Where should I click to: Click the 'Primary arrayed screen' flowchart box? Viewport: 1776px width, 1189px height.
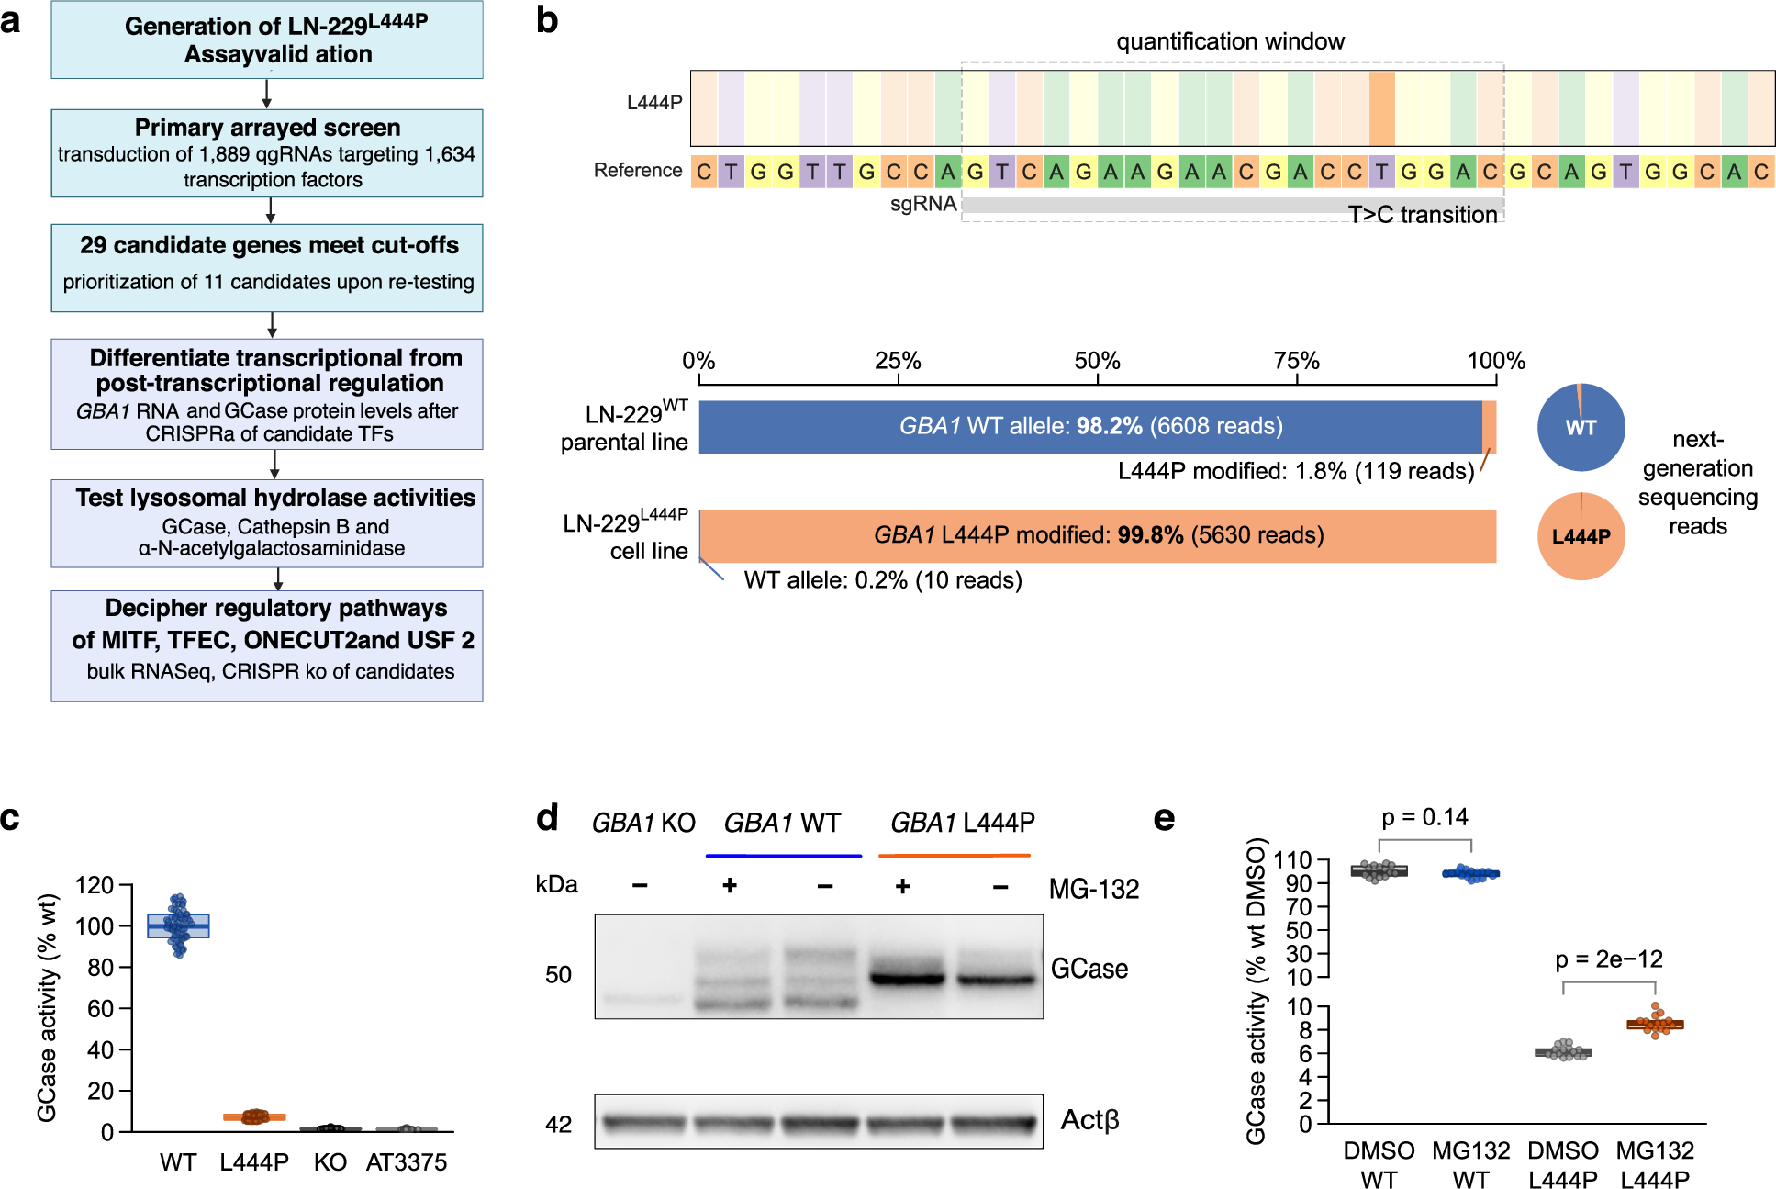pyautogui.click(x=266, y=152)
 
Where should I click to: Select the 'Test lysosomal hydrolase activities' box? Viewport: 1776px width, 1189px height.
pyautogui.click(x=266, y=522)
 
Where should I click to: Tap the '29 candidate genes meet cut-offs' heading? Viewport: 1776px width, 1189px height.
pyautogui.click(x=268, y=245)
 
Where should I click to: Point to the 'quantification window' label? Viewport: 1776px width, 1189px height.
pyautogui.click(x=1230, y=41)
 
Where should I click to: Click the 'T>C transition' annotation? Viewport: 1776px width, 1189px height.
pyautogui.click(x=1422, y=215)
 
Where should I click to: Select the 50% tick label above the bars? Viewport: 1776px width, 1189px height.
pyautogui.click(x=1097, y=360)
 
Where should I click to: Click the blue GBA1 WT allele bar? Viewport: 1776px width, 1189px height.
pyautogui.click(x=1090, y=426)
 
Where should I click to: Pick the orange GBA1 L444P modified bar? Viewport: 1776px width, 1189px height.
pyautogui.click(x=1098, y=535)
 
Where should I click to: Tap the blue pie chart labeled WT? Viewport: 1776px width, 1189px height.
pyautogui.click(x=1581, y=427)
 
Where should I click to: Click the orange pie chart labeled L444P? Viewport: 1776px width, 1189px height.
pyautogui.click(x=1581, y=536)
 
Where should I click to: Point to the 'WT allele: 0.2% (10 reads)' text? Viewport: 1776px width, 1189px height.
pyautogui.click(x=882, y=580)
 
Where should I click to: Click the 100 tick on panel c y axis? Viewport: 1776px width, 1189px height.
pyautogui.click(x=95, y=925)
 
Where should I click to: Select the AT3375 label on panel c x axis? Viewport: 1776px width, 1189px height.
pyautogui.click(x=406, y=1162)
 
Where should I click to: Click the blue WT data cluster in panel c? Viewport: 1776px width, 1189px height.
pyautogui.click(x=178, y=925)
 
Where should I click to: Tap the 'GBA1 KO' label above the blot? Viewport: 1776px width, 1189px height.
pyautogui.click(x=642, y=823)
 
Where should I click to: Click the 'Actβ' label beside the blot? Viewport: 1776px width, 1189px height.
pyautogui.click(x=1089, y=1120)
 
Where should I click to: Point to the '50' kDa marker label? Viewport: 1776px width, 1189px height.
pyautogui.click(x=558, y=974)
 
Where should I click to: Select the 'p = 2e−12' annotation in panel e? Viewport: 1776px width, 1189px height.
pyautogui.click(x=1608, y=959)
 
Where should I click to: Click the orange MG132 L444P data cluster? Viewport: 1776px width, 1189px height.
pyautogui.click(x=1655, y=1023)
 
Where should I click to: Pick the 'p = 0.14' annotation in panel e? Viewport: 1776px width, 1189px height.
pyautogui.click(x=1424, y=817)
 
